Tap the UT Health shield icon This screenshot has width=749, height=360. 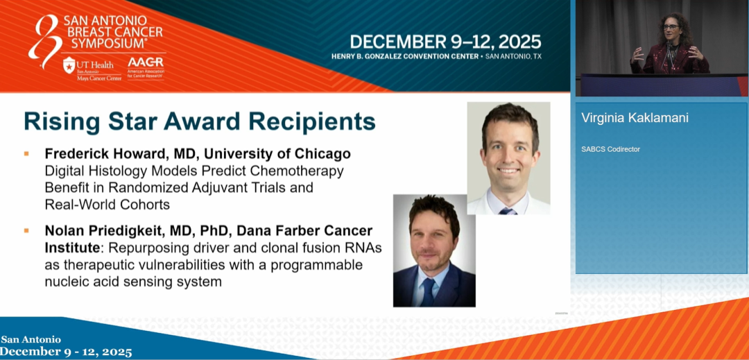point(69,65)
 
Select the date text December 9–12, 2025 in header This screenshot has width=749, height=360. point(445,42)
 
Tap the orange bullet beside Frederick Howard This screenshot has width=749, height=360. point(26,154)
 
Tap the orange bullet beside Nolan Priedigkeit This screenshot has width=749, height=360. point(26,230)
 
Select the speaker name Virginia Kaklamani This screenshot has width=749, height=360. point(635,118)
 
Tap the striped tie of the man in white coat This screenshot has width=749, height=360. point(508,211)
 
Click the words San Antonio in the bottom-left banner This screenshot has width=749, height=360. point(31,339)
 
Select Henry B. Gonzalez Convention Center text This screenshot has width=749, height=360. point(405,56)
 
